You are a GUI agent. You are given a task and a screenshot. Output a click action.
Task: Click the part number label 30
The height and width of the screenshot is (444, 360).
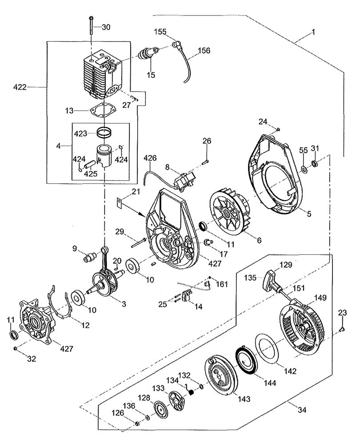[x=105, y=27]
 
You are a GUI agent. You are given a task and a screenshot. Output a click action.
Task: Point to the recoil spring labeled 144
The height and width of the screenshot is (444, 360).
[x=245, y=360]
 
